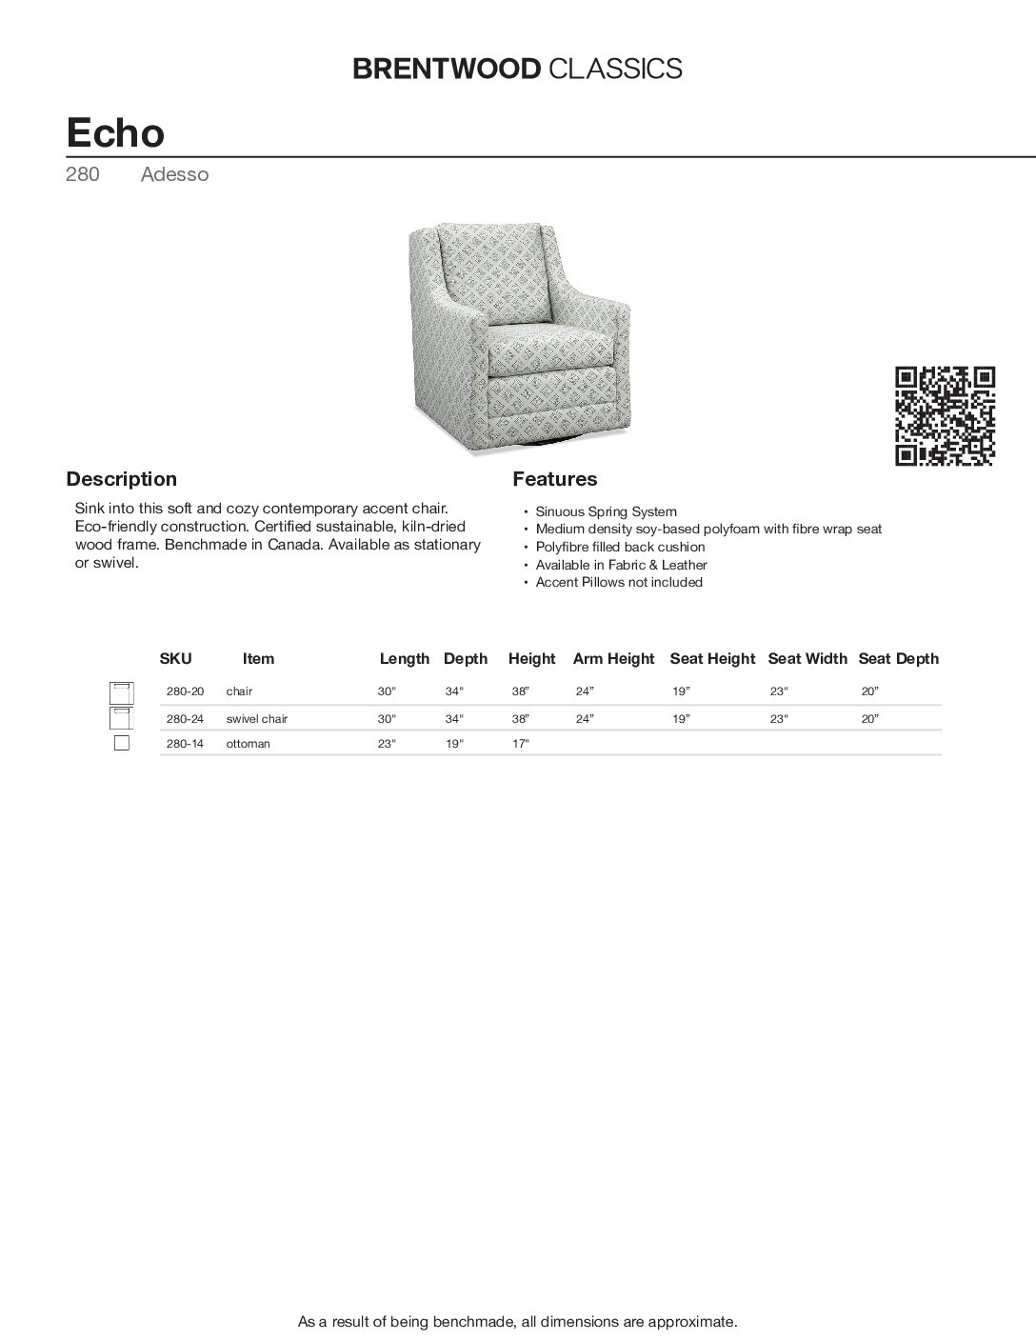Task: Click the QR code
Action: click(x=946, y=416)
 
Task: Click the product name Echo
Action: click(x=115, y=132)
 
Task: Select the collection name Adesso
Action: click(x=174, y=174)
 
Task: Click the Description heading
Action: click(x=121, y=479)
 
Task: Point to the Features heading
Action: click(x=555, y=479)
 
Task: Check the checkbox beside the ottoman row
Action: click(x=122, y=744)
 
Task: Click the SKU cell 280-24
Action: click(x=185, y=719)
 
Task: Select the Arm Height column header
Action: click(x=613, y=658)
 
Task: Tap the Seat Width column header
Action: click(x=807, y=658)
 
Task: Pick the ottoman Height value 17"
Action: click(x=520, y=744)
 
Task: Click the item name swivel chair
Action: click(x=256, y=719)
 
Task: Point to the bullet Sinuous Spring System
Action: click(x=606, y=511)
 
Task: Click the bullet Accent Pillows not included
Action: click(x=619, y=582)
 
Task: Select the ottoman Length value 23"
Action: click(x=386, y=744)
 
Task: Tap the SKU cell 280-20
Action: click(x=185, y=691)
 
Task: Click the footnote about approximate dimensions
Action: click(x=518, y=1322)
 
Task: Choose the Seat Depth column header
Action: click(x=898, y=658)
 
